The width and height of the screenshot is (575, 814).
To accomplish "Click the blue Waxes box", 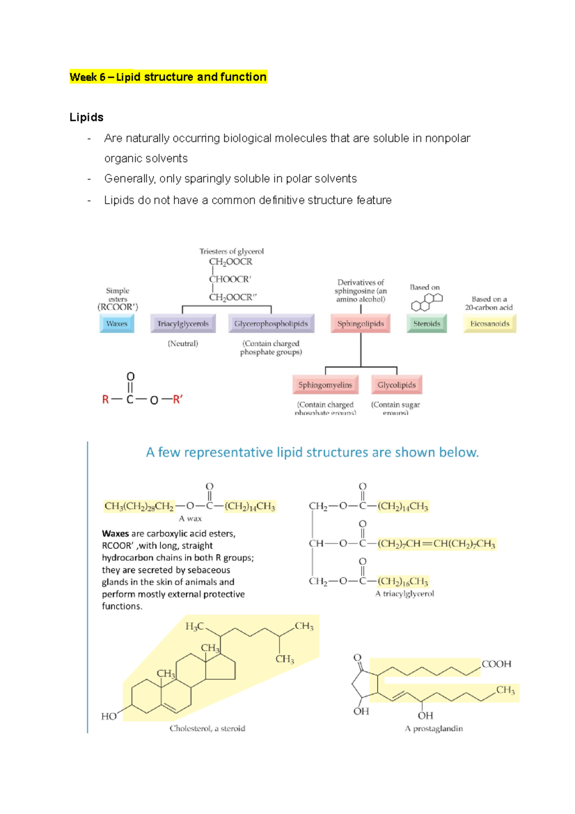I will point(117,324).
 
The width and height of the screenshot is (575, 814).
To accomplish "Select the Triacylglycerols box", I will point(183,324).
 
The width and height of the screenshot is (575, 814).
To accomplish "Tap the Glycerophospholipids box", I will point(271,324).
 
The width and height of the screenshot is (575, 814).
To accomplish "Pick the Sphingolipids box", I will point(360,324).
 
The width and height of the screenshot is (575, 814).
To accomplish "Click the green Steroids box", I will point(426,324).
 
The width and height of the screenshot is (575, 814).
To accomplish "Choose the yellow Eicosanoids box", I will point(490,324).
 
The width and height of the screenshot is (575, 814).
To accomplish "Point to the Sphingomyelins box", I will point(325,385).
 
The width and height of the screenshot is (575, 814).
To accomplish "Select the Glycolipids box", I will point(396,385).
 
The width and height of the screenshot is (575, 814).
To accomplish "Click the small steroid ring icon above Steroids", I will point(426,302).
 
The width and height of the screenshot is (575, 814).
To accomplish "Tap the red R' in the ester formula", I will point(177,399).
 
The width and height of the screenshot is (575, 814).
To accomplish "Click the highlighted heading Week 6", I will point(168,77).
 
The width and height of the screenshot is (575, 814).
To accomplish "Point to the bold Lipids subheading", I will point(86,117).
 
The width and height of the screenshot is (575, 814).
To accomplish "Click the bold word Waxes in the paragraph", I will point(115,534).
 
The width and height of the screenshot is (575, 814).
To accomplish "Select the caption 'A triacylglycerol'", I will point(404,593).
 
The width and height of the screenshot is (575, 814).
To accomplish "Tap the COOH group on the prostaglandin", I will point(496,664).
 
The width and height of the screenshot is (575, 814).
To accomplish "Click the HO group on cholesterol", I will point(109,716).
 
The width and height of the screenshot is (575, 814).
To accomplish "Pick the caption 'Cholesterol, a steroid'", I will point(207,728).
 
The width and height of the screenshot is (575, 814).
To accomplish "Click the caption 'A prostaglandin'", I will point(434,728).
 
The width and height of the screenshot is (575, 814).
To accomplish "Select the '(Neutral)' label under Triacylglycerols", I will point(183,343).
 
